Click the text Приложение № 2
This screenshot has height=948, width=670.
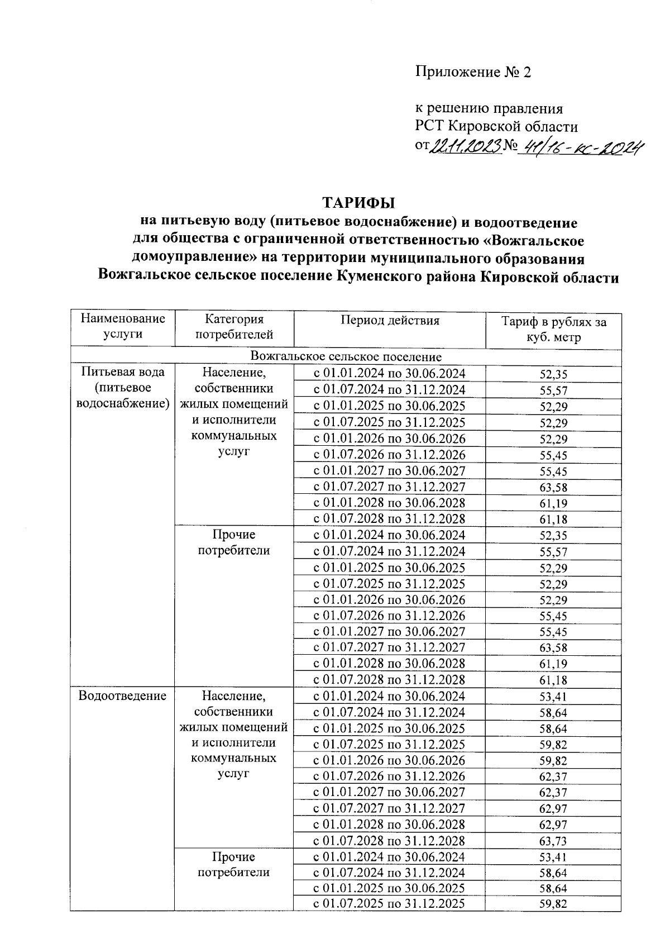point(472,72)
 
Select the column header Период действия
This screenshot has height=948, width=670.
point(390,321)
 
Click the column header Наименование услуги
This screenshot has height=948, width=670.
point(123,327)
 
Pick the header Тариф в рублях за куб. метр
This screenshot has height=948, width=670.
point(553,330)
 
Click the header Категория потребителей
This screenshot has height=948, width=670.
point(234,327)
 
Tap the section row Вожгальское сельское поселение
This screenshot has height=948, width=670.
point(346,356)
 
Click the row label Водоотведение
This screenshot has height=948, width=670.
point(122,696)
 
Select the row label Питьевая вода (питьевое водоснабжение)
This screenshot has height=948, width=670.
point(123,388)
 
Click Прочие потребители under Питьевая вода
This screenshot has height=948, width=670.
point(234,543)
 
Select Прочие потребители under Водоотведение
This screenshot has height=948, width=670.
point(234,865)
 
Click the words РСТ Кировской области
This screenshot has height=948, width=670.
point(496,126)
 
